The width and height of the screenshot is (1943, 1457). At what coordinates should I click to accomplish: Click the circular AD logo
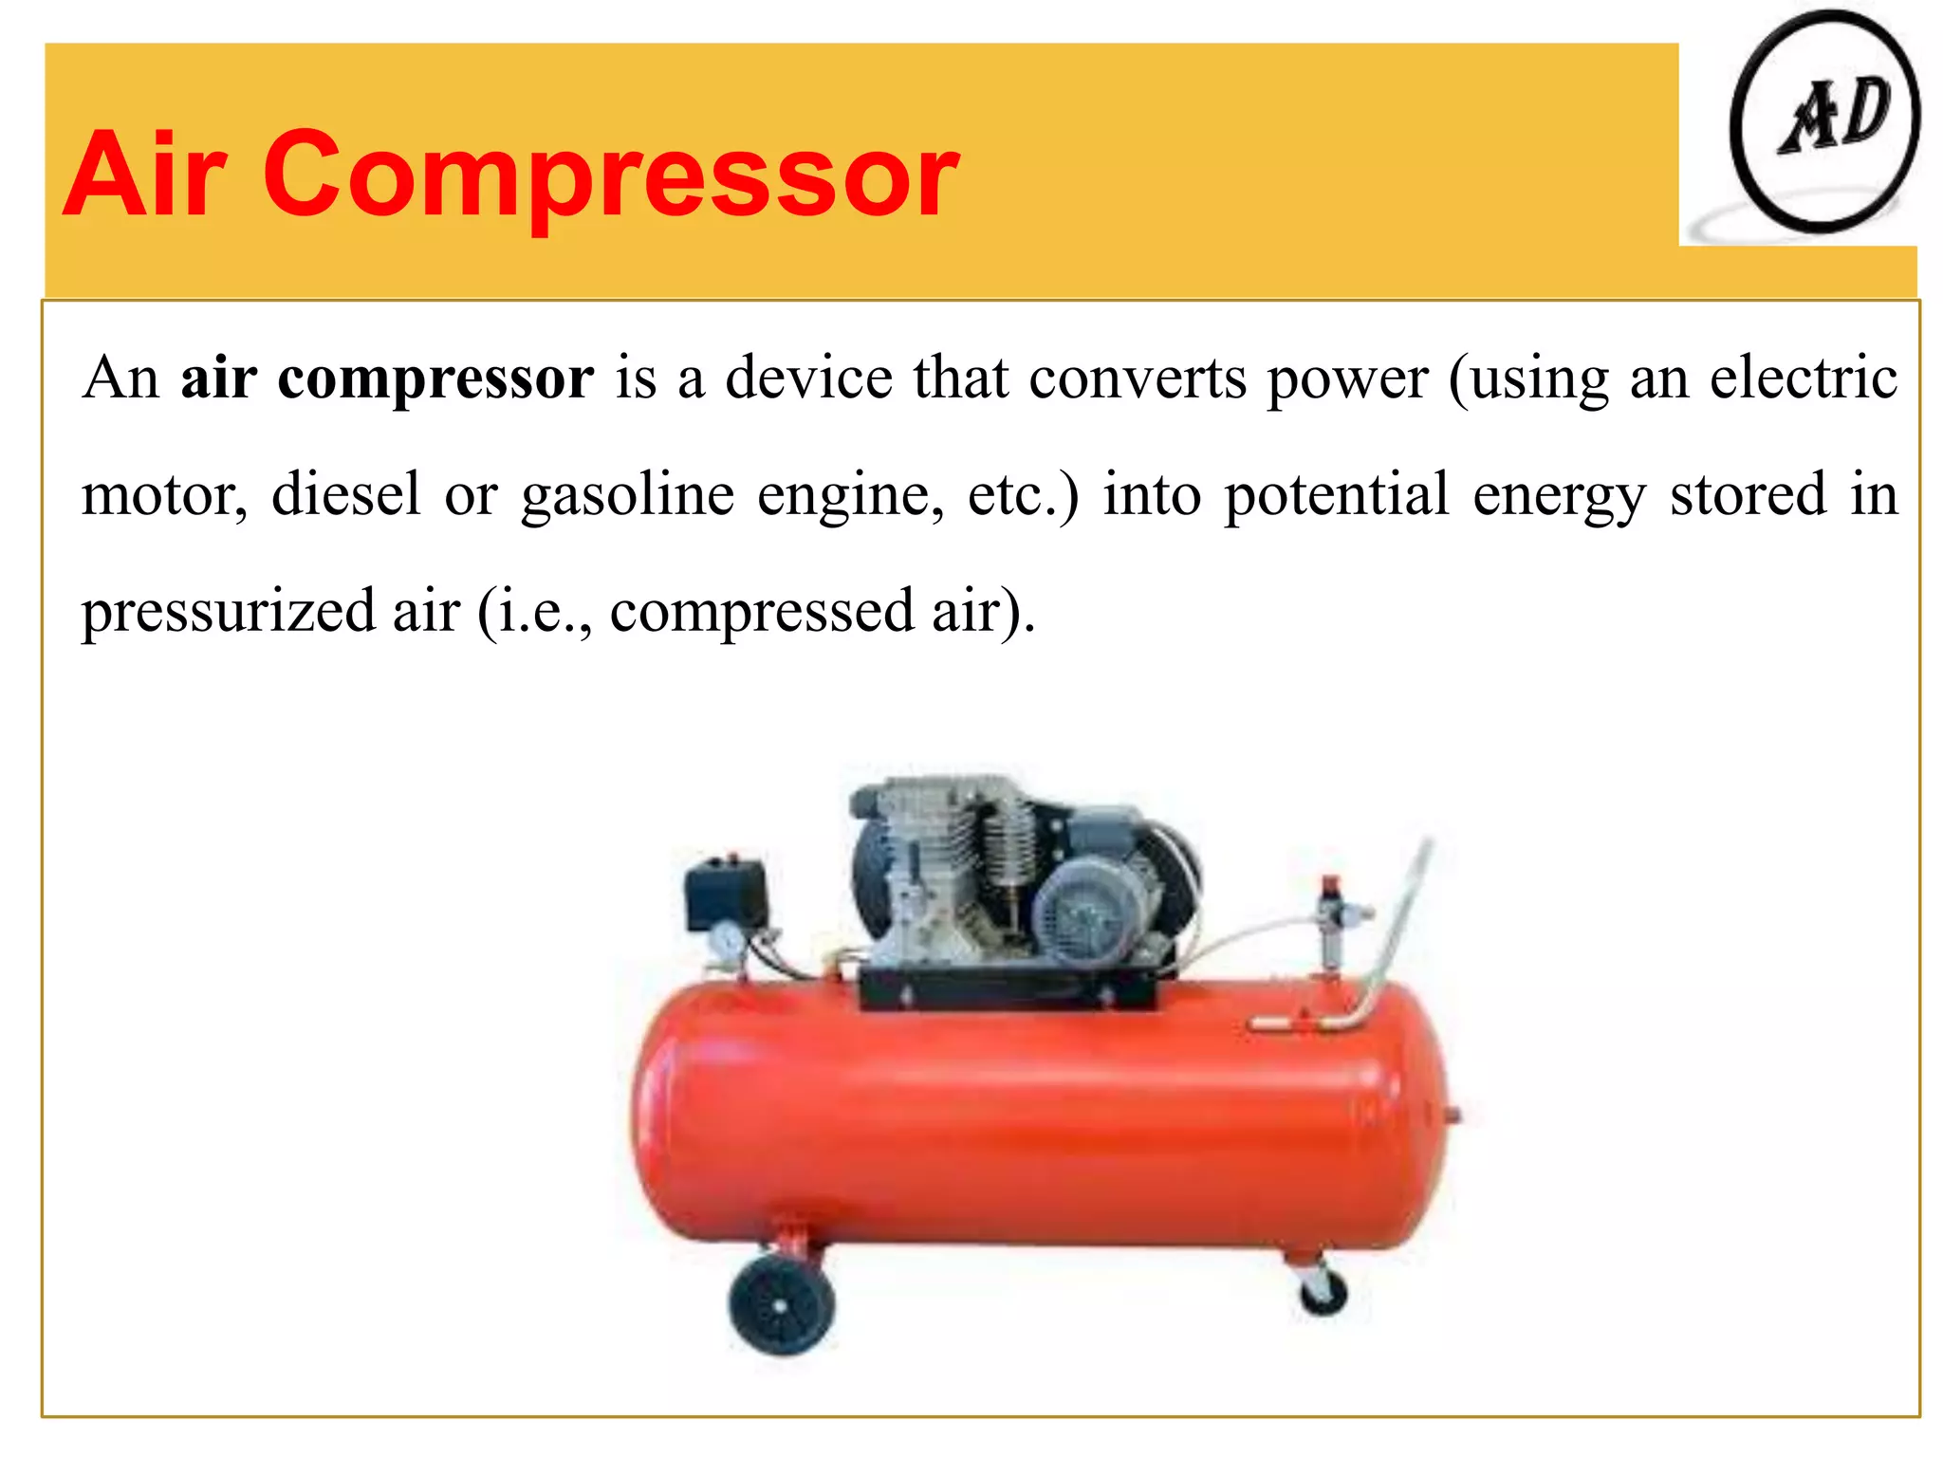pyautogui.click(x=1824, y=122)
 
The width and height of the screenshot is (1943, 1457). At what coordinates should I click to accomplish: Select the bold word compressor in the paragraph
pyautogui.click(x=435, y=379)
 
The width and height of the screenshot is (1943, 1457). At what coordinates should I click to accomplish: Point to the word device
pyautogui.click(x=809, y=378)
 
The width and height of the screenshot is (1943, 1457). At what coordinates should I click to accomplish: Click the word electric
pyautogui.click(x=1804, y=378)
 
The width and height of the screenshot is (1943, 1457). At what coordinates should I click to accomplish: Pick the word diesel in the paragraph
pyautogui.click(x=345, y=494)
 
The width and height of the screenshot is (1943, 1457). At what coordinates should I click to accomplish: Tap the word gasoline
pyautogui.click(x=627, y=496)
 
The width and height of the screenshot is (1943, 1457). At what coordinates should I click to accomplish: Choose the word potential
pyautogui.click(x=1336, y=494)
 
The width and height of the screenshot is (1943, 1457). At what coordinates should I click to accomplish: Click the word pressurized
pyautogui.click(x=227, y=612)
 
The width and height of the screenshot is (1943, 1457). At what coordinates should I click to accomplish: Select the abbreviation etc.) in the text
pyautogui.click(x=1023, y=494)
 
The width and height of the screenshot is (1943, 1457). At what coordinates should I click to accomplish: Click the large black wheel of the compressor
pyautogui.click(x=781, y=1304)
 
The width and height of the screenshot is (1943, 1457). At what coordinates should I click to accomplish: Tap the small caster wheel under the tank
pyautogui.click(x=1323, y=1291)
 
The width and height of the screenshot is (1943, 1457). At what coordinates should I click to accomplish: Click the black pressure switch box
pyautogui.click(x=727, y=892)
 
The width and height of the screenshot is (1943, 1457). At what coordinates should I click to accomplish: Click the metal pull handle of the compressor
pyautogui.click(x=1395, y=930)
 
